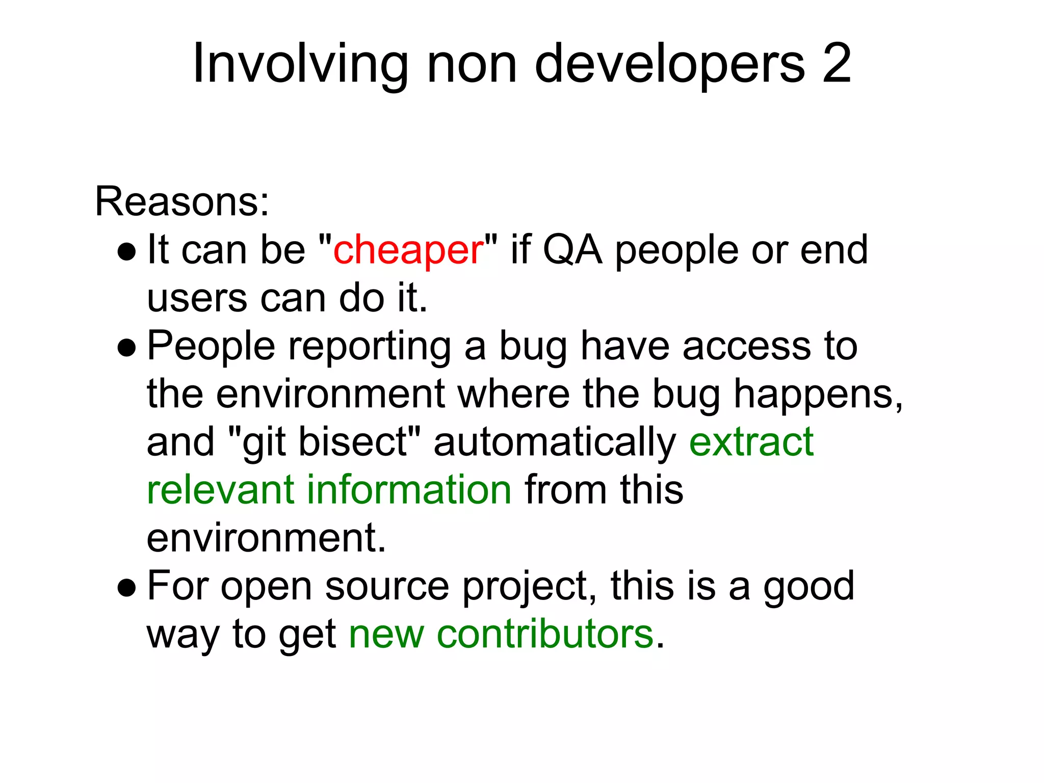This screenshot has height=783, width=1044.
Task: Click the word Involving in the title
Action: click(300, 64)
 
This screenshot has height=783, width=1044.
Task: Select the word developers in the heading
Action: click(669, 63)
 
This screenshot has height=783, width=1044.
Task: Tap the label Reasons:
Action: click(182, 202)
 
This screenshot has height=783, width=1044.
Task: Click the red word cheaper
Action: click(408, 250)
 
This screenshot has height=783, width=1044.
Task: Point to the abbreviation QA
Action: click(572, 250)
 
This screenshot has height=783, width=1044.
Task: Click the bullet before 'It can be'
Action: click(126, 251)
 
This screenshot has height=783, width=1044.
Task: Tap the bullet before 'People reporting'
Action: click(126, 348)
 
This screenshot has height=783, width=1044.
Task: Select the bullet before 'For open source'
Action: click(126, 588)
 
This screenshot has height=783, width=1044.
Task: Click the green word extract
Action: click(751, 441)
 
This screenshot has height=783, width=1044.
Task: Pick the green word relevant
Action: click(221, 489)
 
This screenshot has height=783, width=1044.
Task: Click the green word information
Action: click(409, 489)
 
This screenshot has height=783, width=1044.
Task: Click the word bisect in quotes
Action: click(352, 441)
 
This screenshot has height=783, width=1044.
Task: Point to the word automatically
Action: click(555, 442)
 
